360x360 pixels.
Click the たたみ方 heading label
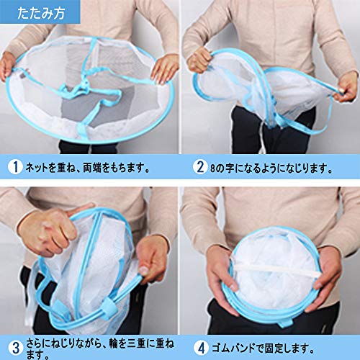tap(41, 12)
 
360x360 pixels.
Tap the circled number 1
tap(15, 167)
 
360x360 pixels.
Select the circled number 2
tap(200, 167)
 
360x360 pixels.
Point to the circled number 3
tap(15, 348)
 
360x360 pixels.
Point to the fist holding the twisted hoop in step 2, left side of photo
tap(199, 60)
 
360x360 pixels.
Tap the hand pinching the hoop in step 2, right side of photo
tap(345, 87)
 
